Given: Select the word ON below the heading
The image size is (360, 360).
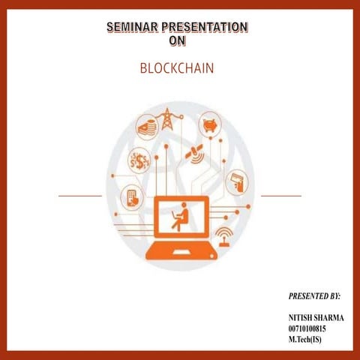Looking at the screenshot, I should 177,41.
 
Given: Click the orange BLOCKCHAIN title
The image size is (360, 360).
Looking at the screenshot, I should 177,68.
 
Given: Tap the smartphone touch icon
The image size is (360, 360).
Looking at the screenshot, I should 132,196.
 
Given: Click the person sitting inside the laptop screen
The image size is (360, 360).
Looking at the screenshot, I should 180,216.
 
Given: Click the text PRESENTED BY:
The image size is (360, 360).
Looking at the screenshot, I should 314,297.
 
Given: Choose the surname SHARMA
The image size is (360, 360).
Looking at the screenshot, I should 329,318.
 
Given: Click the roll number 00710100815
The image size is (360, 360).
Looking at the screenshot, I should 307,328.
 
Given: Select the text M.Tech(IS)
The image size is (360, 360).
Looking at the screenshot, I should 304,339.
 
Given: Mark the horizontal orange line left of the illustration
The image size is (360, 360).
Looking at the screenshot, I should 80,196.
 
